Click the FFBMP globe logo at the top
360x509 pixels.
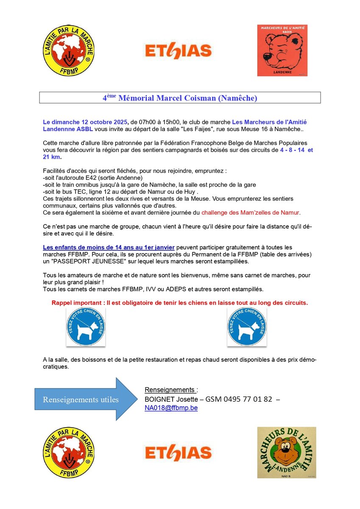[68, 50]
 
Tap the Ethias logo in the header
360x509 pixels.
[178, 51]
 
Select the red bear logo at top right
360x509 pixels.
[282, 50]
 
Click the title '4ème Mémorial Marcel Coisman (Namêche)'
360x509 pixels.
[180, 98]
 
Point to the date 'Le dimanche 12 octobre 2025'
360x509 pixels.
[85, 122]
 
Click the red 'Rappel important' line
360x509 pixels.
[180, 303]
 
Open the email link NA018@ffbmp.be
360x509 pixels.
[171, 408]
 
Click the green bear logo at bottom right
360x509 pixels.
[287, 452]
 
